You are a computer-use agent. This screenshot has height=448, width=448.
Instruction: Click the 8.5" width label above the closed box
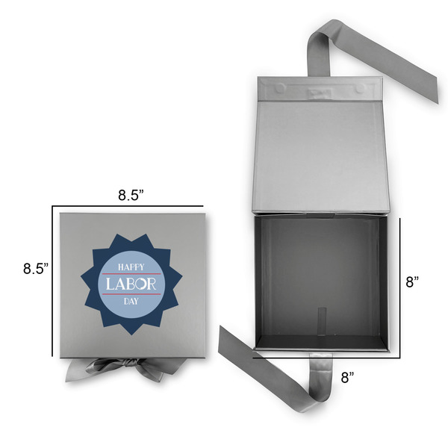pos(131,196)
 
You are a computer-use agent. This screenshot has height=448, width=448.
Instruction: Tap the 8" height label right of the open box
pos(411,281)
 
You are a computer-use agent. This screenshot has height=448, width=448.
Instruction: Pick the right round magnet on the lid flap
pos(361,87)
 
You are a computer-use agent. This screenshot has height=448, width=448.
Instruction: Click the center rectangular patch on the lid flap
pos(320,93)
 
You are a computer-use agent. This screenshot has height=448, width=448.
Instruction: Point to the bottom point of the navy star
pos(132,332)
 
